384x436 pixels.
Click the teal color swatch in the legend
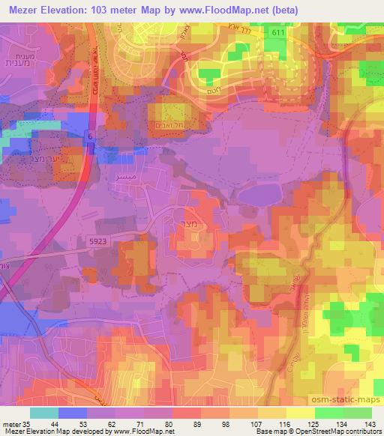point(44,413)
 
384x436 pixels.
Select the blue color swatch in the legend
point(73,413)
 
